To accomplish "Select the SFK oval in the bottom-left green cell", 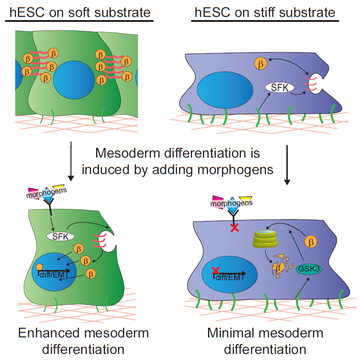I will pyautogui.click(x=60, y=236).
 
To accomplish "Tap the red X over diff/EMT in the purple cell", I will pyautogui.click(x=215, y=270).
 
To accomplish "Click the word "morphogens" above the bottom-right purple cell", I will pyautogui.click(x=232, y=203).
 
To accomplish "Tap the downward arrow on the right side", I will pyautogui.click(x=288, y=163).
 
